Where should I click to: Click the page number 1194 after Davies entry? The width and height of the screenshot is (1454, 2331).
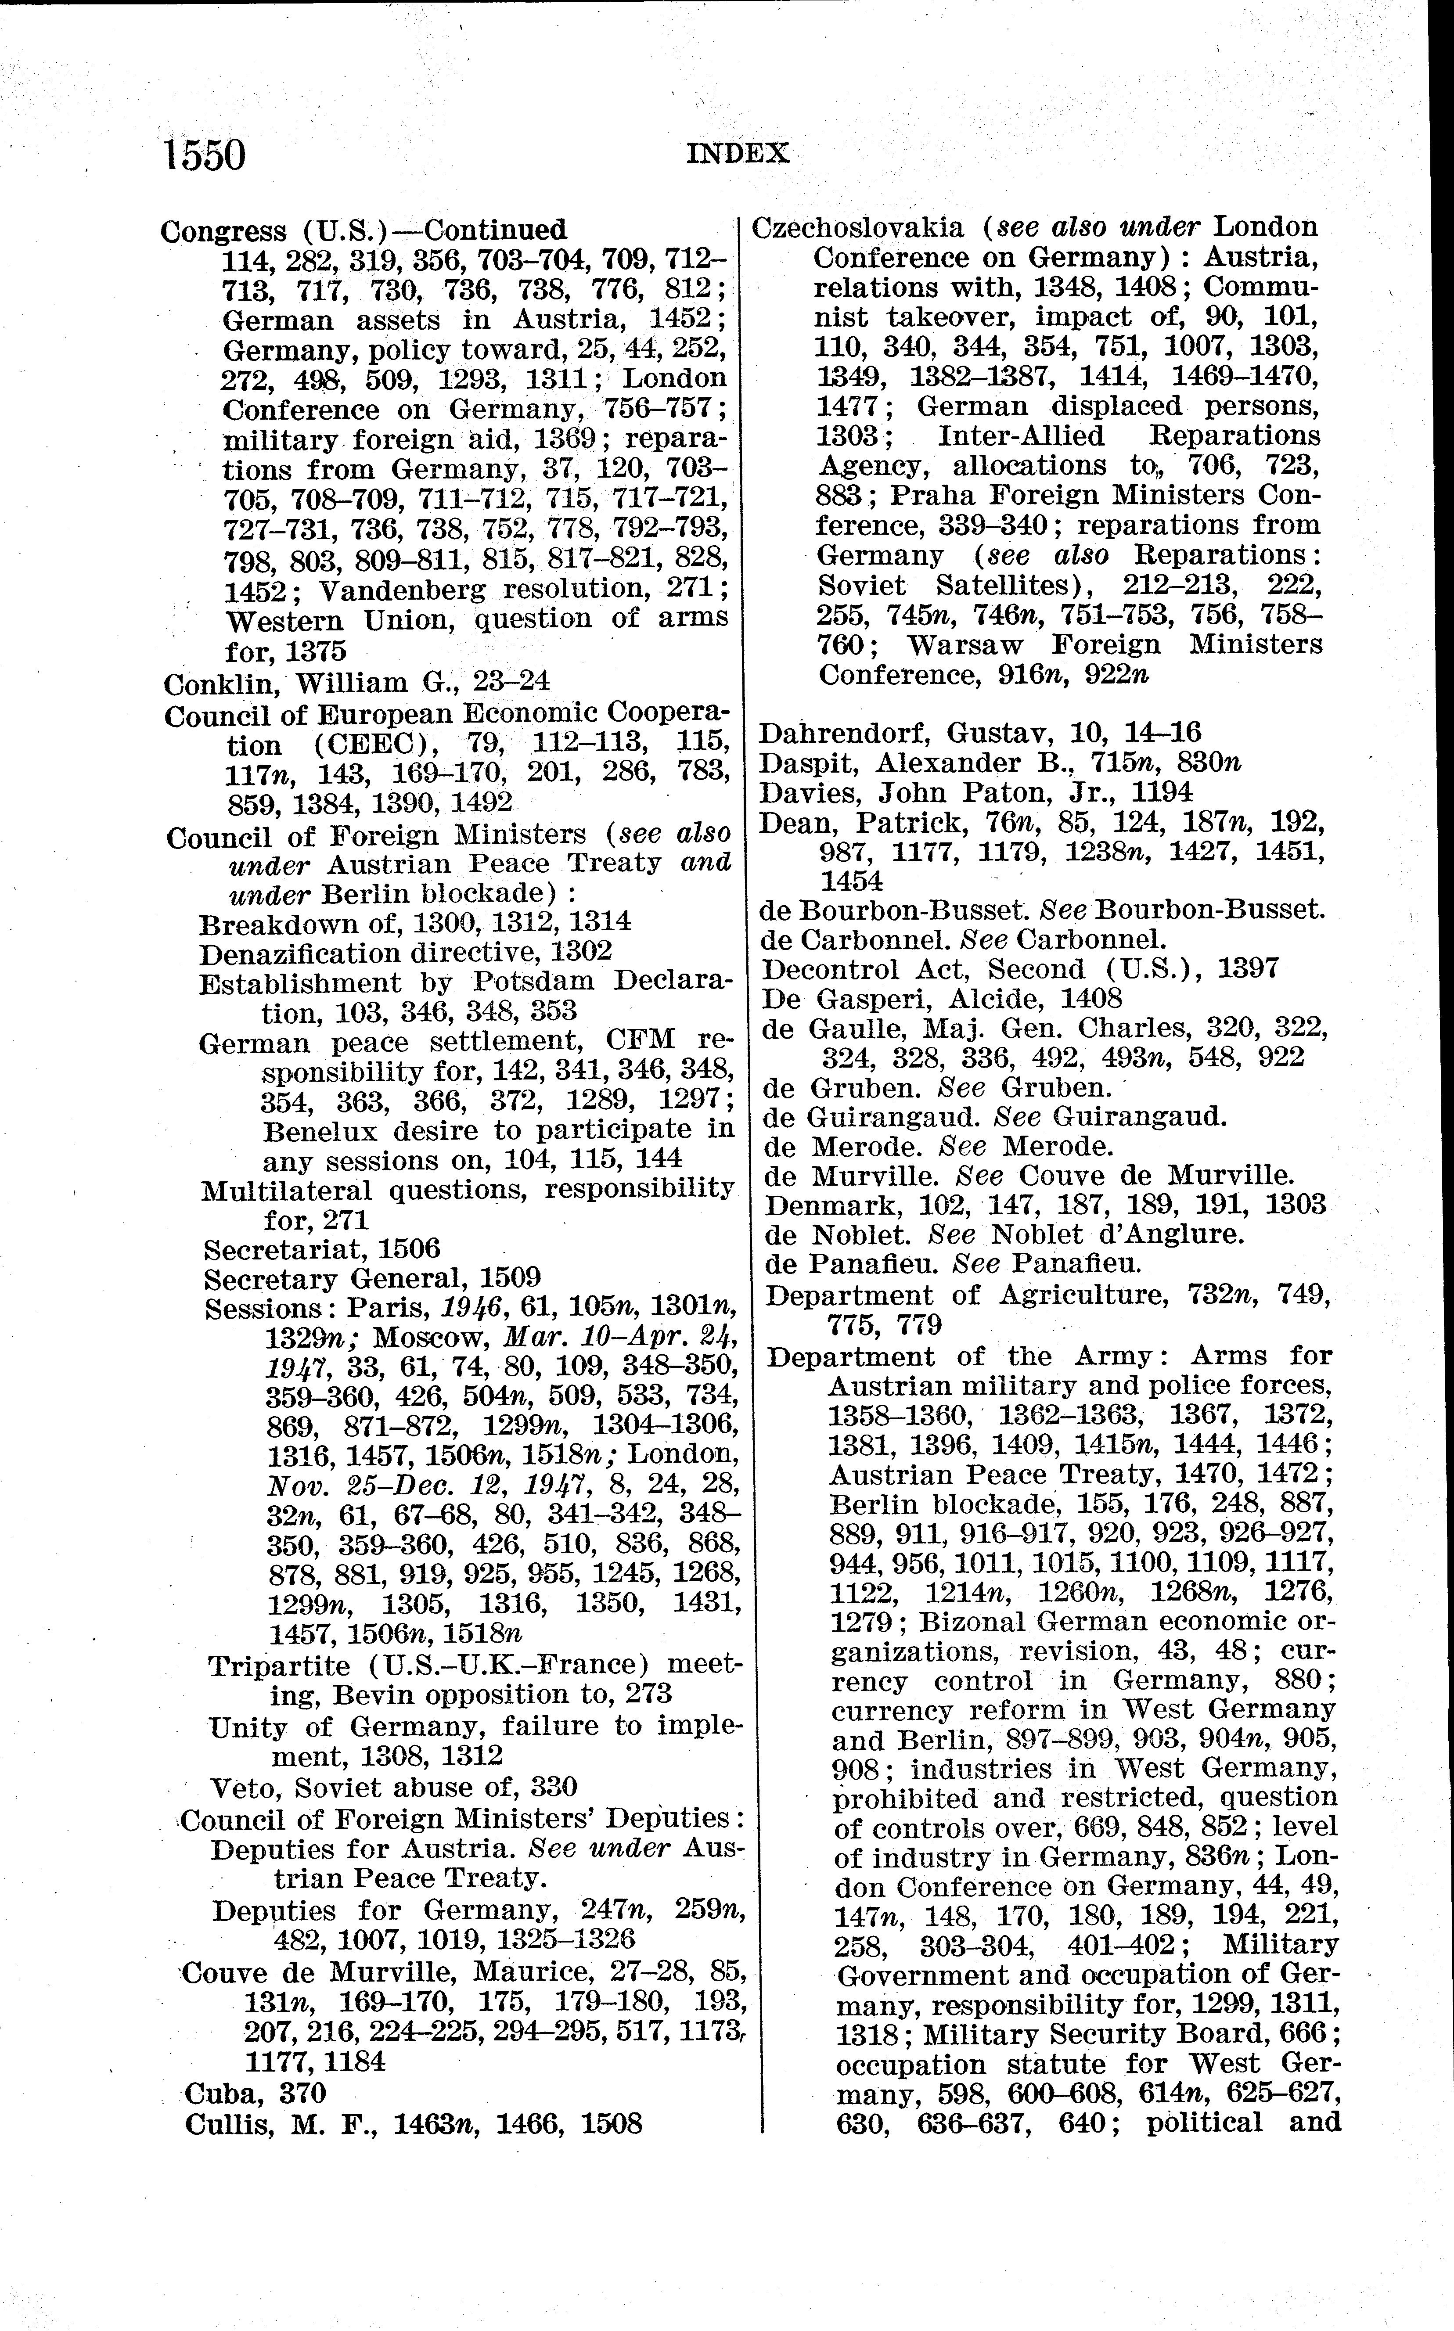pos(1162,792)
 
